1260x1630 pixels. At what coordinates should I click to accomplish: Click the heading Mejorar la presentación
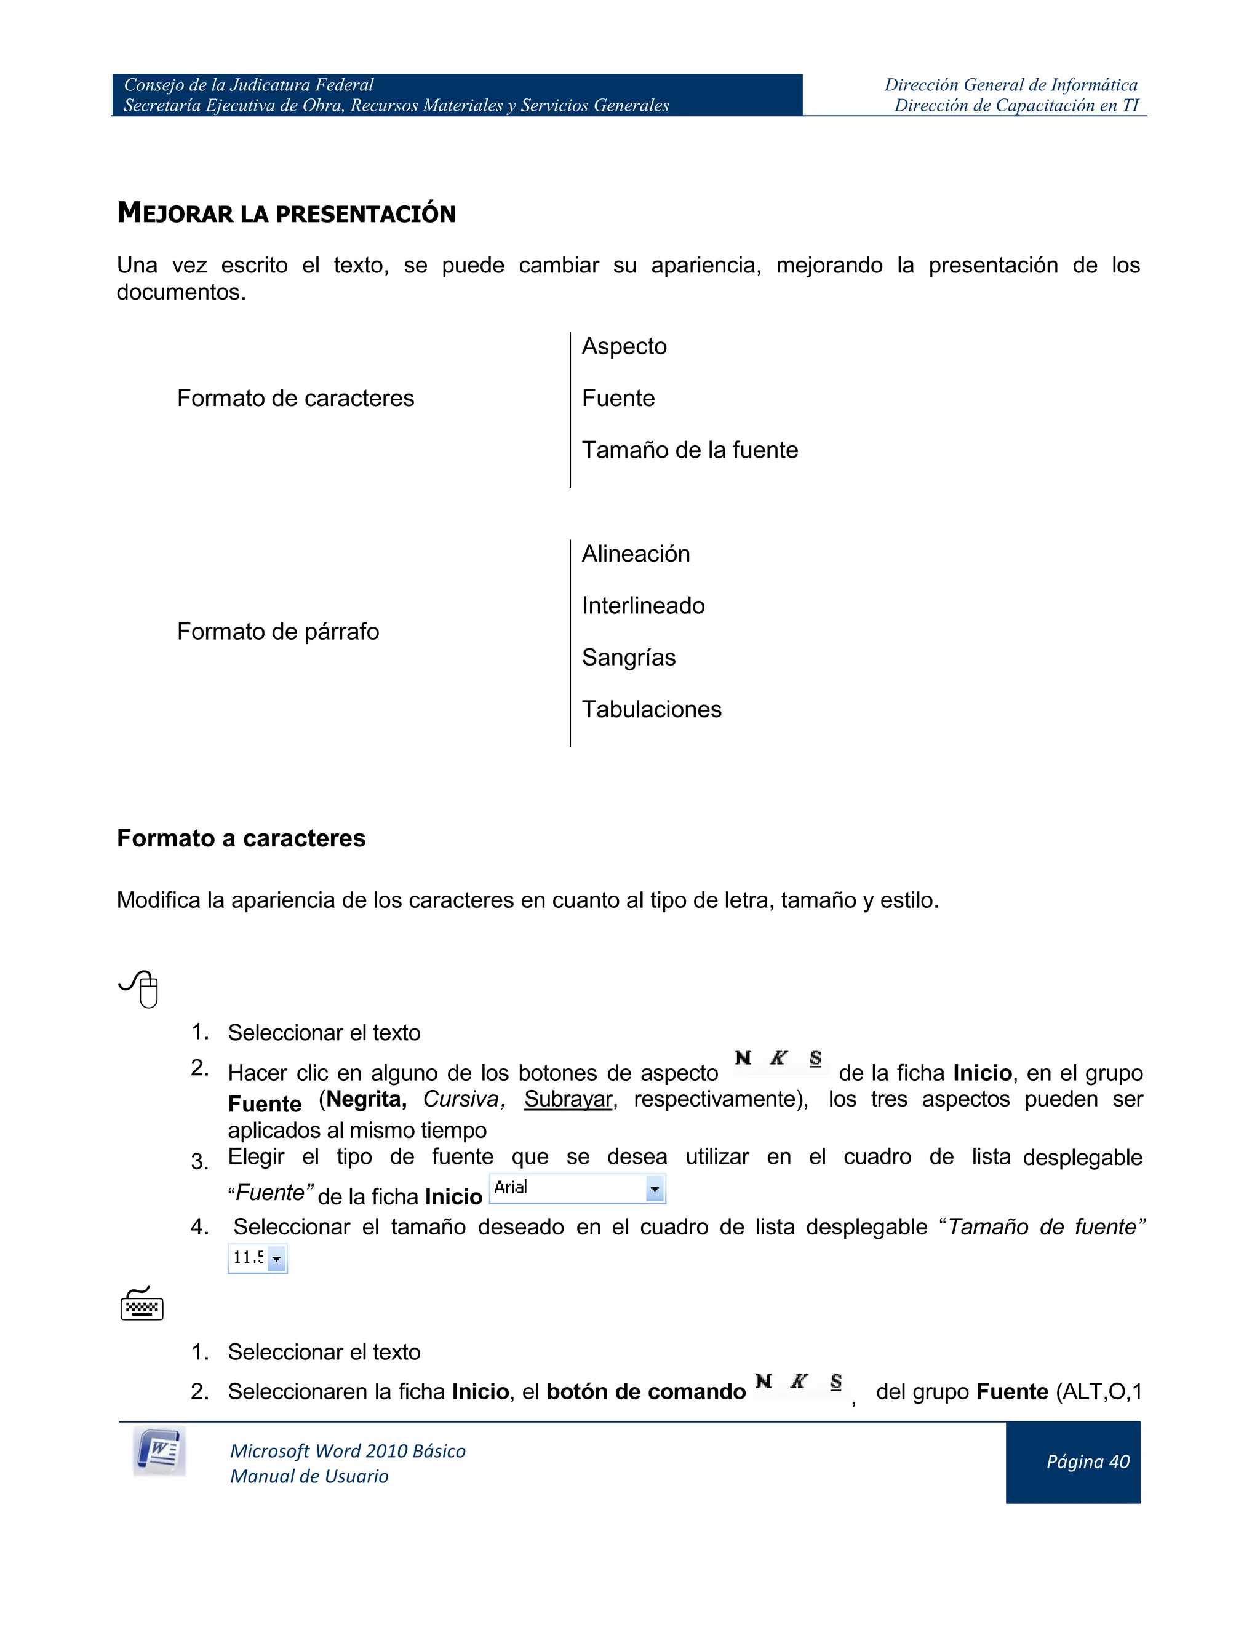tap(286, 213)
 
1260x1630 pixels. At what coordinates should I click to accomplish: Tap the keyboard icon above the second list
tap(142, 1305)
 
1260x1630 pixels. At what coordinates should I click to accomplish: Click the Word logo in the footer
tap(159, 1452)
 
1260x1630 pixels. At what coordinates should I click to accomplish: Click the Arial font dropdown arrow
tap(654, 1189)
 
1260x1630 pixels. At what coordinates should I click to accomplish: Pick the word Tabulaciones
tap(651, 709)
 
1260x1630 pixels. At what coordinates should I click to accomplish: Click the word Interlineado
tap(643, 605)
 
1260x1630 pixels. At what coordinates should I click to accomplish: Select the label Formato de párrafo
tap(277, 632)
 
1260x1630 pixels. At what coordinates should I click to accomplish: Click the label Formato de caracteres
tap(295, 398)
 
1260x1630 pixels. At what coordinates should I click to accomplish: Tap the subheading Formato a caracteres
tap(241, 838)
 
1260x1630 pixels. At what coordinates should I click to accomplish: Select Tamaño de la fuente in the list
tap(690, 450)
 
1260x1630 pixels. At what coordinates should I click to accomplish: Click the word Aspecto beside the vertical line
tap(624, 346)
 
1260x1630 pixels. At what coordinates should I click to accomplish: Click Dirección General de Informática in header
tap(1011, 85)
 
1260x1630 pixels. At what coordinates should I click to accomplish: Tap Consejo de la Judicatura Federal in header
tap(249, 85)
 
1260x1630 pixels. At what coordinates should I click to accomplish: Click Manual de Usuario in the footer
tap(309, 1476)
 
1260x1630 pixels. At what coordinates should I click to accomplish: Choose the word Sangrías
tap(629, 658)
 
